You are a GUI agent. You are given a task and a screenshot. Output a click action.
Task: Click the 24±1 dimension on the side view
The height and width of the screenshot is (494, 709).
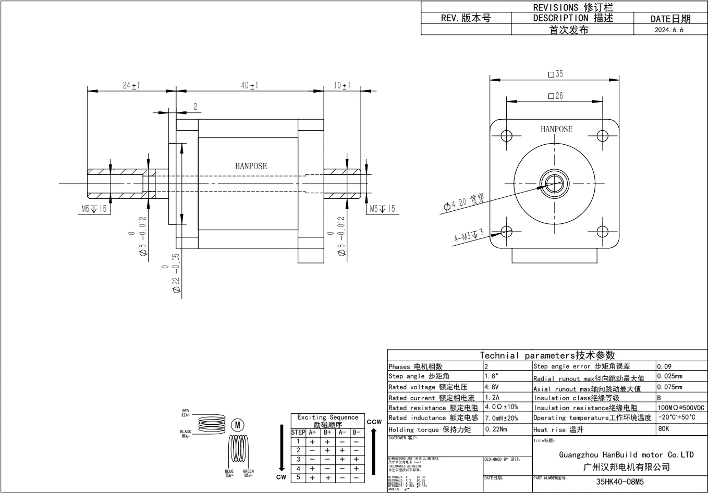click(131, 85)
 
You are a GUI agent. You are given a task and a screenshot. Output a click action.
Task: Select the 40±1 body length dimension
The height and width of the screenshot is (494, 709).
click(250, 85)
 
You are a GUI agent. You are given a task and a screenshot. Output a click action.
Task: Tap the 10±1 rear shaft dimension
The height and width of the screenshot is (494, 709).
click(342, 85)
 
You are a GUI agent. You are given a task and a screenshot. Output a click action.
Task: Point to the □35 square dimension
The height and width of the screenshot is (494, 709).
click(555, 74)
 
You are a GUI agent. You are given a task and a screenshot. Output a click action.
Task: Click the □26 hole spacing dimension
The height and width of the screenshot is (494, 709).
click(555, 96)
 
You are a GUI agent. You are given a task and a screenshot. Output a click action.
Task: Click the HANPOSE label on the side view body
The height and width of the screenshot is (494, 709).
click(251, 166)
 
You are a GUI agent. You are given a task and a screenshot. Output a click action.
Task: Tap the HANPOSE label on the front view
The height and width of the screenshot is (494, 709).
click(556, 129)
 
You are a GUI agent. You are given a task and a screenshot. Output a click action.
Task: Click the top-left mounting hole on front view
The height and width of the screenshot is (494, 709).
click(507, 136)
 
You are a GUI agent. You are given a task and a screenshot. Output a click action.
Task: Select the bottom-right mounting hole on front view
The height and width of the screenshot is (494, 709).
click(602, 232)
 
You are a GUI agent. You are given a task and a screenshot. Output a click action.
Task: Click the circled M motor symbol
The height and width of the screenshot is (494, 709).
click(237, 425)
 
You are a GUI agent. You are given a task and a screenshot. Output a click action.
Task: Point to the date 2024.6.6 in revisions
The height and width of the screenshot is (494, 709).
click(669, 30)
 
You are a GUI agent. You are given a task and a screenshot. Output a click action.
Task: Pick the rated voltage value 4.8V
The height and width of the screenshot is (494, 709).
click(492, 387)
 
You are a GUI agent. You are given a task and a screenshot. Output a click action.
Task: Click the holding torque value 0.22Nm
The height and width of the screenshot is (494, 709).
click(496, 429)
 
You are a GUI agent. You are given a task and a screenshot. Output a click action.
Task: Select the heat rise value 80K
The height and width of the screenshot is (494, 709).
click(663, 429)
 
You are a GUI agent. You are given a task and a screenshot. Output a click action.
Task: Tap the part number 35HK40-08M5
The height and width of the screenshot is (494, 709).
click(620, 482)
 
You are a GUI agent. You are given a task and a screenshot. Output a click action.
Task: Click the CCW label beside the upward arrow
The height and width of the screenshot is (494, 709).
click(374, 422)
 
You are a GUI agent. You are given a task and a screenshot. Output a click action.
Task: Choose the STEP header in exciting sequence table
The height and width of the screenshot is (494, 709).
click(298, 432)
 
